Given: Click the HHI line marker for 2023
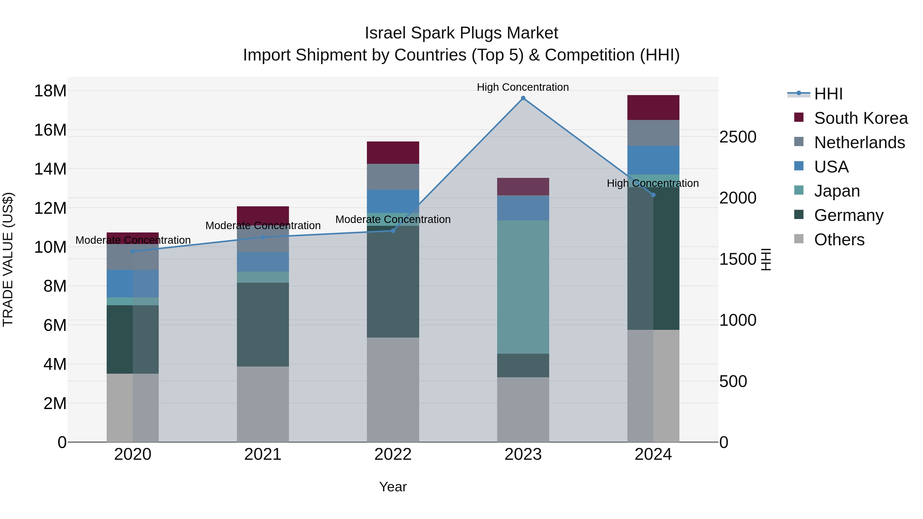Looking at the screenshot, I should (x=523, y=98).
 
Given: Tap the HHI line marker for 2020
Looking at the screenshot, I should (x=133, y=251).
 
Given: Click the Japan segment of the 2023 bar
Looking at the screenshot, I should (x=523, y=287).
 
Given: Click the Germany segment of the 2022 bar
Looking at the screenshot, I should (x=393, y=281).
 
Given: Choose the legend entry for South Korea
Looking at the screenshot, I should (x=860, y=118).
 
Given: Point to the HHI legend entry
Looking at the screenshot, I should (x=828, y=94).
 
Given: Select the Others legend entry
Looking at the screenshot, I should (x=838, y=240).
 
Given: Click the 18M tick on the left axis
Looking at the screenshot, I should (x=50, y=91).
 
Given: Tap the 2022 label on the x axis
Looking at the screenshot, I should (x=393, y=454).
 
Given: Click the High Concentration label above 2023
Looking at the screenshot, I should (x=523, y=87).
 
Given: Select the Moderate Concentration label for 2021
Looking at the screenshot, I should (x=263, y=225).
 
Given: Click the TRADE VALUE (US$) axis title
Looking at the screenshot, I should (x=8, y=259).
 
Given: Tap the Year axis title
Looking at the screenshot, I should (x=393, y=487).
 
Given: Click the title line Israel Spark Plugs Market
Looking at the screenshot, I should (x=461, y=33).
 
